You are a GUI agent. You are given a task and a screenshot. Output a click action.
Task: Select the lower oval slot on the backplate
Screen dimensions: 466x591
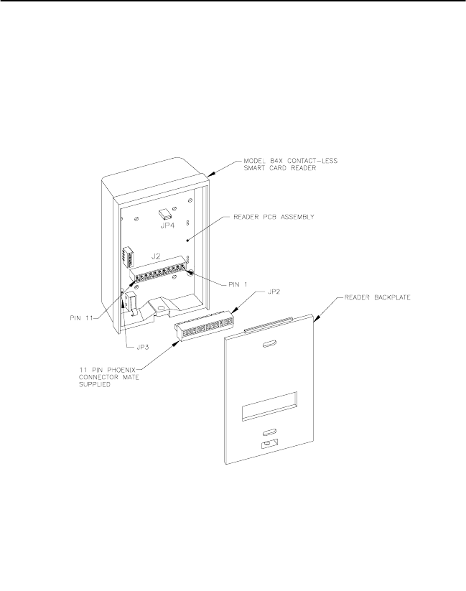point(269,434)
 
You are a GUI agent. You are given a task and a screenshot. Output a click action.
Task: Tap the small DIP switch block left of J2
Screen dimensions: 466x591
point(129,256)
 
